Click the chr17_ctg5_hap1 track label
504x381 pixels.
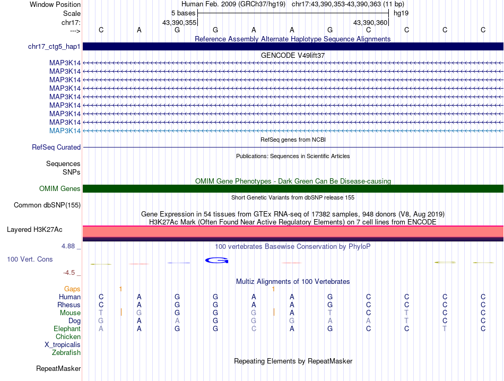(54, 47)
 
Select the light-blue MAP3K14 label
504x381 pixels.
(65, 131)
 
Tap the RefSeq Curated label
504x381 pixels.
(56, 148)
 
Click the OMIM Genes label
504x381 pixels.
(60, 188)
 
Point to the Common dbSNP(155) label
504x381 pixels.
(47, 205)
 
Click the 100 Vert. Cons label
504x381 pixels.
(30, 259)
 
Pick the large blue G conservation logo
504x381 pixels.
(216, 260)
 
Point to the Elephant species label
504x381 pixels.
(67, 329)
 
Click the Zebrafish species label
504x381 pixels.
(66, 353)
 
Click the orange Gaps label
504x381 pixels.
(72, 289)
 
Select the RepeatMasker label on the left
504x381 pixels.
(58, 368)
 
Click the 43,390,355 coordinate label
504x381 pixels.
(179, 22)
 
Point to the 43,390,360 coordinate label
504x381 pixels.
(370, 22)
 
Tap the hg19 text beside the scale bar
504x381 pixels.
(401, 13)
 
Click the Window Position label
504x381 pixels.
(55, 4)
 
